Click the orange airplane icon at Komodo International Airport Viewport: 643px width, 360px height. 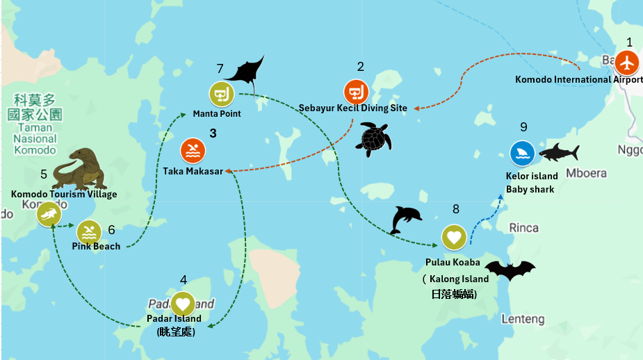(x=627, y=63)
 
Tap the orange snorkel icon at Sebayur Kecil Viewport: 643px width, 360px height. (x=356, y=92)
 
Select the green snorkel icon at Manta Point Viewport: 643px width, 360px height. (x=221, y=94)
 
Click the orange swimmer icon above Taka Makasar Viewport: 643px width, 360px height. (x=193, y=151)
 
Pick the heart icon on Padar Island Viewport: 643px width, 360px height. (x=182, y=303)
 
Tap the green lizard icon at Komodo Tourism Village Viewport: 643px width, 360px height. (x=49, y=214)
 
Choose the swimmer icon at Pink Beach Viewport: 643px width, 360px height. (x=89, y=231)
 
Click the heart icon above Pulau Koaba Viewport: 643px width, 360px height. (x=454, y=237)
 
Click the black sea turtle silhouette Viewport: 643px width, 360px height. (x=374, y=138)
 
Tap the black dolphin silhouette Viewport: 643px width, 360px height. (x=405, y=219)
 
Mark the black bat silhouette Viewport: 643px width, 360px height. (x=510, y=270)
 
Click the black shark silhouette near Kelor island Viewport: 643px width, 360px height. (x=558, y=152)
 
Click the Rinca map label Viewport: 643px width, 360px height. (x=523, y=228)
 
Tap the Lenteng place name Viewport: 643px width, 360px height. (x=523, y=319)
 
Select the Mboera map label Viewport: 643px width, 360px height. (x=586, y=173)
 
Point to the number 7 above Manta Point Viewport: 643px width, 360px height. (x=220, y=69)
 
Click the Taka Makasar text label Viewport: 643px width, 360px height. (x=193, y=171)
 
